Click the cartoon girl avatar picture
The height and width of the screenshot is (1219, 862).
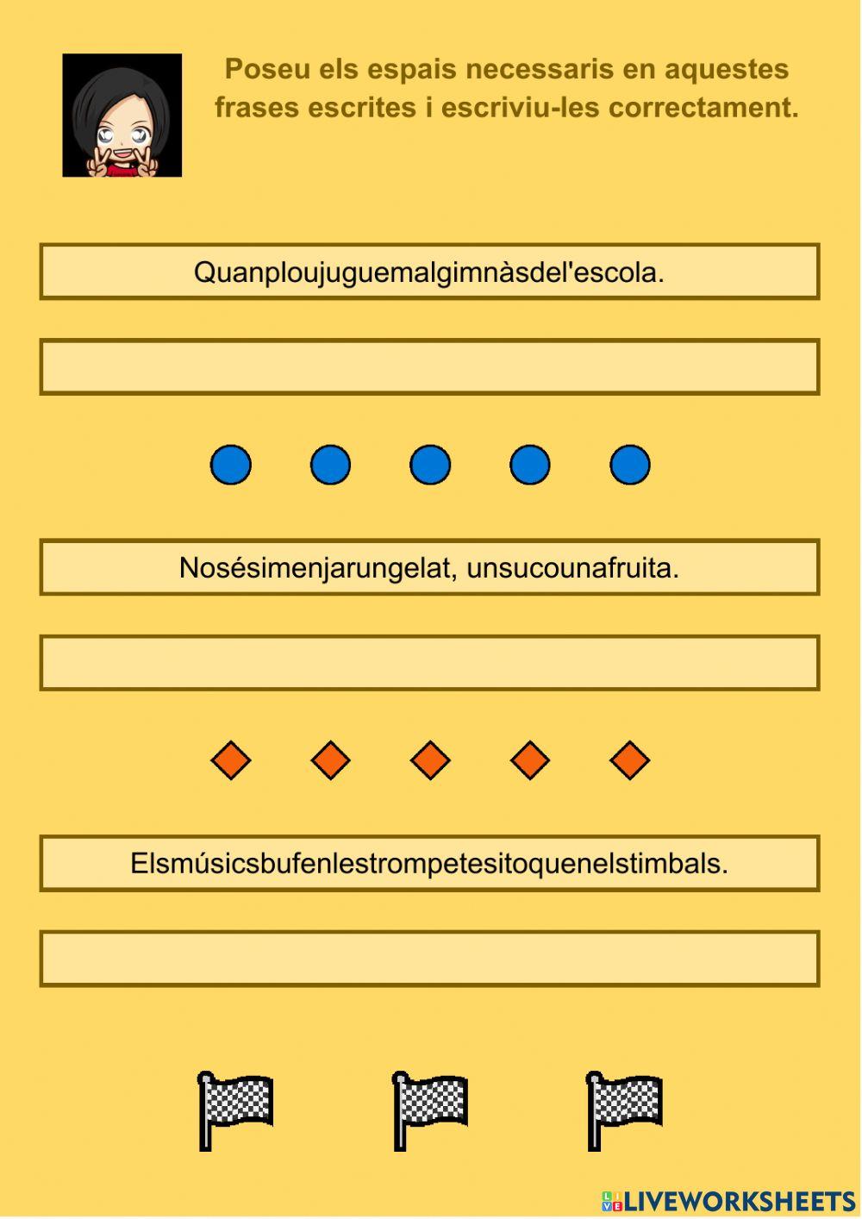(122, 116)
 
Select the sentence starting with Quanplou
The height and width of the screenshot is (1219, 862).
(429, 272)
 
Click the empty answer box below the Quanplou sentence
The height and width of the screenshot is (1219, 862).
(429, 367)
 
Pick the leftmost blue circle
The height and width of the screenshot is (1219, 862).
(231, 465)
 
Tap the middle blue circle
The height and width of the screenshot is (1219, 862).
(430, 465)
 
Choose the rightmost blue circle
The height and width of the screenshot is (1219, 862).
(629, 465)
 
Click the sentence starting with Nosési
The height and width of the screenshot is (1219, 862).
(429, 568)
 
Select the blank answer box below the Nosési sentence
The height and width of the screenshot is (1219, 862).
(429, 663)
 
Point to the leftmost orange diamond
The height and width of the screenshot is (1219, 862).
(231, 760)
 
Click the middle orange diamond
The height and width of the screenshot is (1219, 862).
(430, 760)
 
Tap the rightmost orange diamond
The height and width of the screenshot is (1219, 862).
(629, 760)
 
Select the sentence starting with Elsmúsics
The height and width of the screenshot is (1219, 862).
(429, 863)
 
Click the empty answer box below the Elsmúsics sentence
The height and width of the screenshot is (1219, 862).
(429, 959)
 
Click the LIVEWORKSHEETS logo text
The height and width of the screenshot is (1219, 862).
(738, 1201)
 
